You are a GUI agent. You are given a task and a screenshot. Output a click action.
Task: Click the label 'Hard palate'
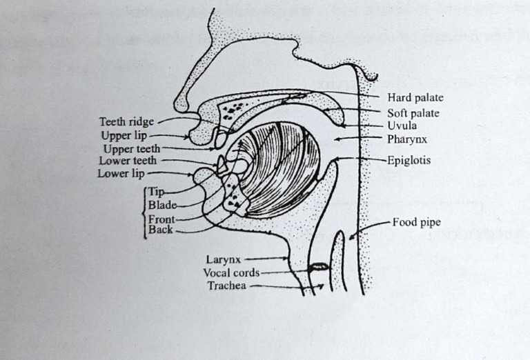[415, 98]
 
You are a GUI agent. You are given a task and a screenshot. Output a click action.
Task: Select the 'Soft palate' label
[413, 113]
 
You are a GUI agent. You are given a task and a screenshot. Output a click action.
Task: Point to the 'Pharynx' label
[407, 139]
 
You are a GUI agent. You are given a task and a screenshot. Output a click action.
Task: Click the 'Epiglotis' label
[409, 159]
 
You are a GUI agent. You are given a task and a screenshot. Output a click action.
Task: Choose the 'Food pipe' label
[416, 222]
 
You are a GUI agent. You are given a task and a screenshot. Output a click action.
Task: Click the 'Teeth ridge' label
[126, 122]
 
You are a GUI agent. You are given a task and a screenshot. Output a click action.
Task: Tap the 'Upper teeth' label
[131, 148]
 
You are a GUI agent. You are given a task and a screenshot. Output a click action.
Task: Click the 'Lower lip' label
[121, 174]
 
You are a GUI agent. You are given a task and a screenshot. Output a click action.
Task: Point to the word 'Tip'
[156, 192]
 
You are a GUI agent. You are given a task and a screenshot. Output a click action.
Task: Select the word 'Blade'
[162, 205]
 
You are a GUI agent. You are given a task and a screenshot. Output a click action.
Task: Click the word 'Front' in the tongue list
[161, 219]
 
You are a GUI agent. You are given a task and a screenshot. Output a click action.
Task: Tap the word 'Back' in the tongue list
[161, 230]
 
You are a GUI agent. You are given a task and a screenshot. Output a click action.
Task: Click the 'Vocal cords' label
[231, 272]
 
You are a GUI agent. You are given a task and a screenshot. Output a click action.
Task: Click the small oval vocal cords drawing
[318, 266]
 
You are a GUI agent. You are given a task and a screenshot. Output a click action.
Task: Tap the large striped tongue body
[276, 169]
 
